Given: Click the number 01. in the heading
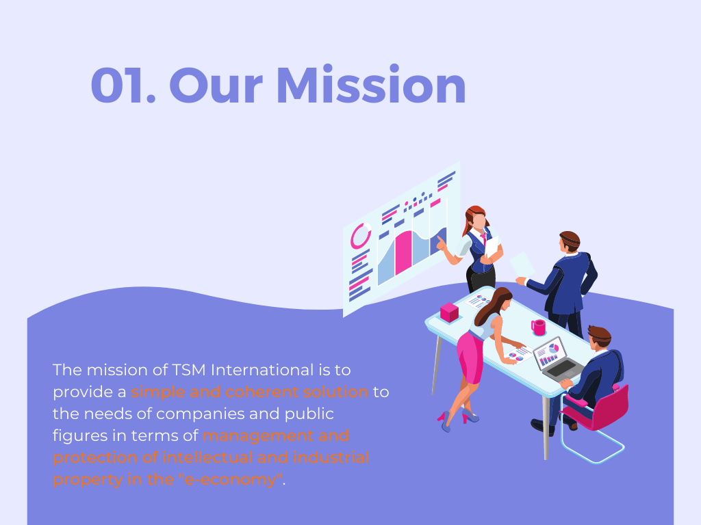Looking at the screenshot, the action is coord(123,85).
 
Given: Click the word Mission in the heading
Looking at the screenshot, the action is coord(372,84).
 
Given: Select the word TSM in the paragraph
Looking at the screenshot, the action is coord(188,370).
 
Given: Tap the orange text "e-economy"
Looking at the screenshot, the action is coord(231,479).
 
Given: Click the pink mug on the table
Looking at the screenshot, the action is coord(539,327).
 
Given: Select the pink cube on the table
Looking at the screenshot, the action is coord(449,312).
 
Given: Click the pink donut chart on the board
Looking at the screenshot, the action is coord(360,236).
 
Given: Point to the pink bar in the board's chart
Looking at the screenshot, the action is coord(404,252).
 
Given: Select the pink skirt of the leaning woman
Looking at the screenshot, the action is coord(470,357).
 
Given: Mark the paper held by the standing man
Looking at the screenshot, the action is coord(522,265).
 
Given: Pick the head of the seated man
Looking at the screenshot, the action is coord(599,338).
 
